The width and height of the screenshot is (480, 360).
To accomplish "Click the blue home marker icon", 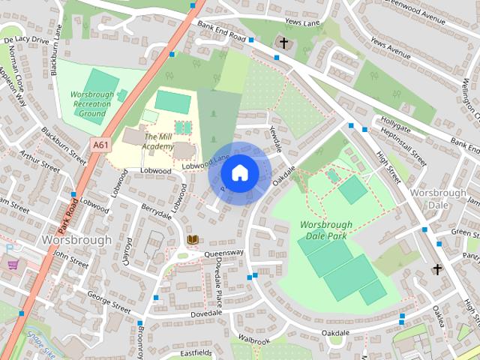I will click(239, 173).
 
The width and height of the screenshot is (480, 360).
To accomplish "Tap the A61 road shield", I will click(100, 143).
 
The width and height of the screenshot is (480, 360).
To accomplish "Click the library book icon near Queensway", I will click(193, 240).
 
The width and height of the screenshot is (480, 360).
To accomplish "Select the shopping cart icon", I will click(13, 264).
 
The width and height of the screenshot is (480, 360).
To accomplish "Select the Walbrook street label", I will click(254, 341).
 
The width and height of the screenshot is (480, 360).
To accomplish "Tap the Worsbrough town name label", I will click(76, 240).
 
